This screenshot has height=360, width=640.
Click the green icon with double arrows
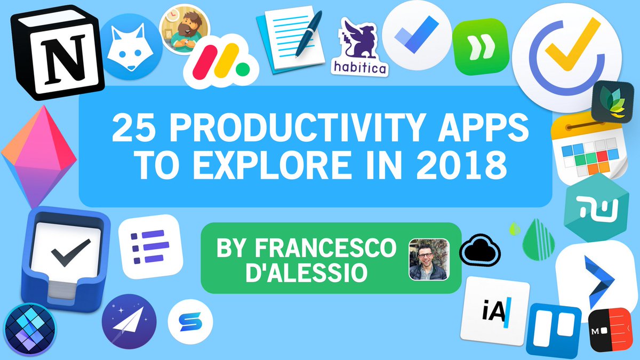(479, 42)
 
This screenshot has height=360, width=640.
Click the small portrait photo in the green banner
(429, 259)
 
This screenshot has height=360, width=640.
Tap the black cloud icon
(477, 249)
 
